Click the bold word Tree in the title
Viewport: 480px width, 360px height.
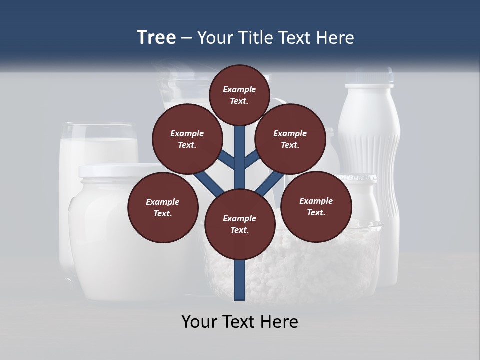click(156, 38)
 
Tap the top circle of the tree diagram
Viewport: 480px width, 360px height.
click(239, 95)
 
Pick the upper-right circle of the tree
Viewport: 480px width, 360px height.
click(290, 139)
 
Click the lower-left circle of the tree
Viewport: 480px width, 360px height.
click(163, 207)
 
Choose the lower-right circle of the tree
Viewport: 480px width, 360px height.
click(316, 206)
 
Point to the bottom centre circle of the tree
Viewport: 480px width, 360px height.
click(239, 224)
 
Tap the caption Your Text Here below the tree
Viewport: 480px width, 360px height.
click(239, 322)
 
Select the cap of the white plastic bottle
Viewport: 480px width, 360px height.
click(369, 76)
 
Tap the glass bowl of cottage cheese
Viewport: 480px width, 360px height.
click(300, 270)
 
